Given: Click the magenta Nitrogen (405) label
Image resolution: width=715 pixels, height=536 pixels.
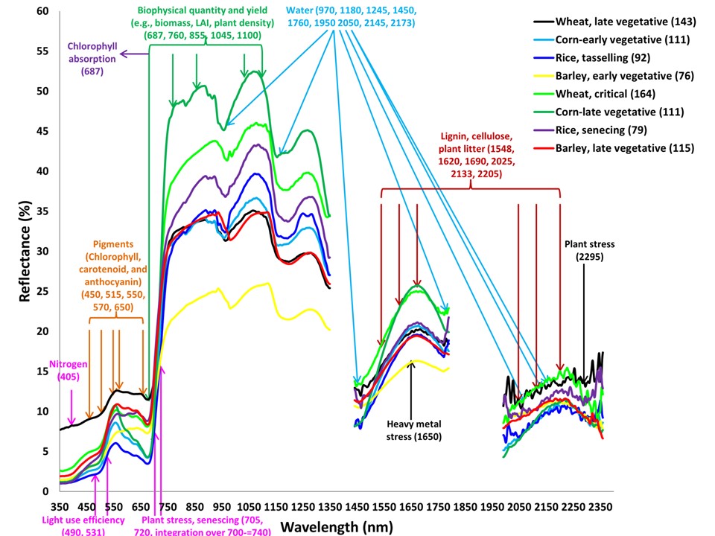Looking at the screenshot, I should (69, 371).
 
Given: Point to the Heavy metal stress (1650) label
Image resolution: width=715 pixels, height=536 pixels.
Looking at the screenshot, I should (414, 430).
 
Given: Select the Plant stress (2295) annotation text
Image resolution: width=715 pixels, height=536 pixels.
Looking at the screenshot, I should (584, 250).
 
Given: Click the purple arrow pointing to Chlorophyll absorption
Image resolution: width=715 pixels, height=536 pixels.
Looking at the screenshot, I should (134, 54).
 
